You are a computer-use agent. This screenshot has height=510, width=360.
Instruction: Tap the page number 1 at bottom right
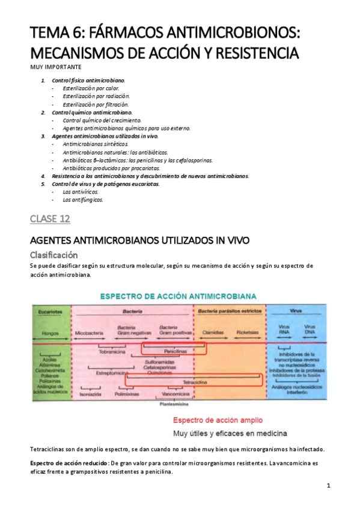tap(329, 485)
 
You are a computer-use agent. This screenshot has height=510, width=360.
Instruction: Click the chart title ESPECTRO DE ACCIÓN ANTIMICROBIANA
tap(178, 296)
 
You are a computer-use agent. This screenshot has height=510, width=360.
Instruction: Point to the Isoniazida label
tap(90, 395)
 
